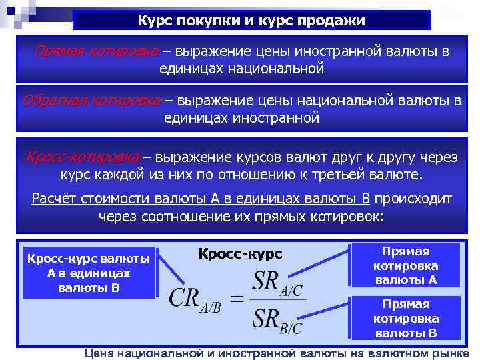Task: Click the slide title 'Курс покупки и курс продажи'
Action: [x=251, y=21]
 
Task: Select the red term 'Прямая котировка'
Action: [x=89, y=52]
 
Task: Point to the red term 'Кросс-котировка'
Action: [x=82, y=157]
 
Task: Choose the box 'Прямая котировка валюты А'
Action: [x=405, y=265]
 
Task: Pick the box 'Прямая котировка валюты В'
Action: [x=405, y=319]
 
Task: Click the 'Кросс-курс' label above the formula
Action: [x=240, y=254]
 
